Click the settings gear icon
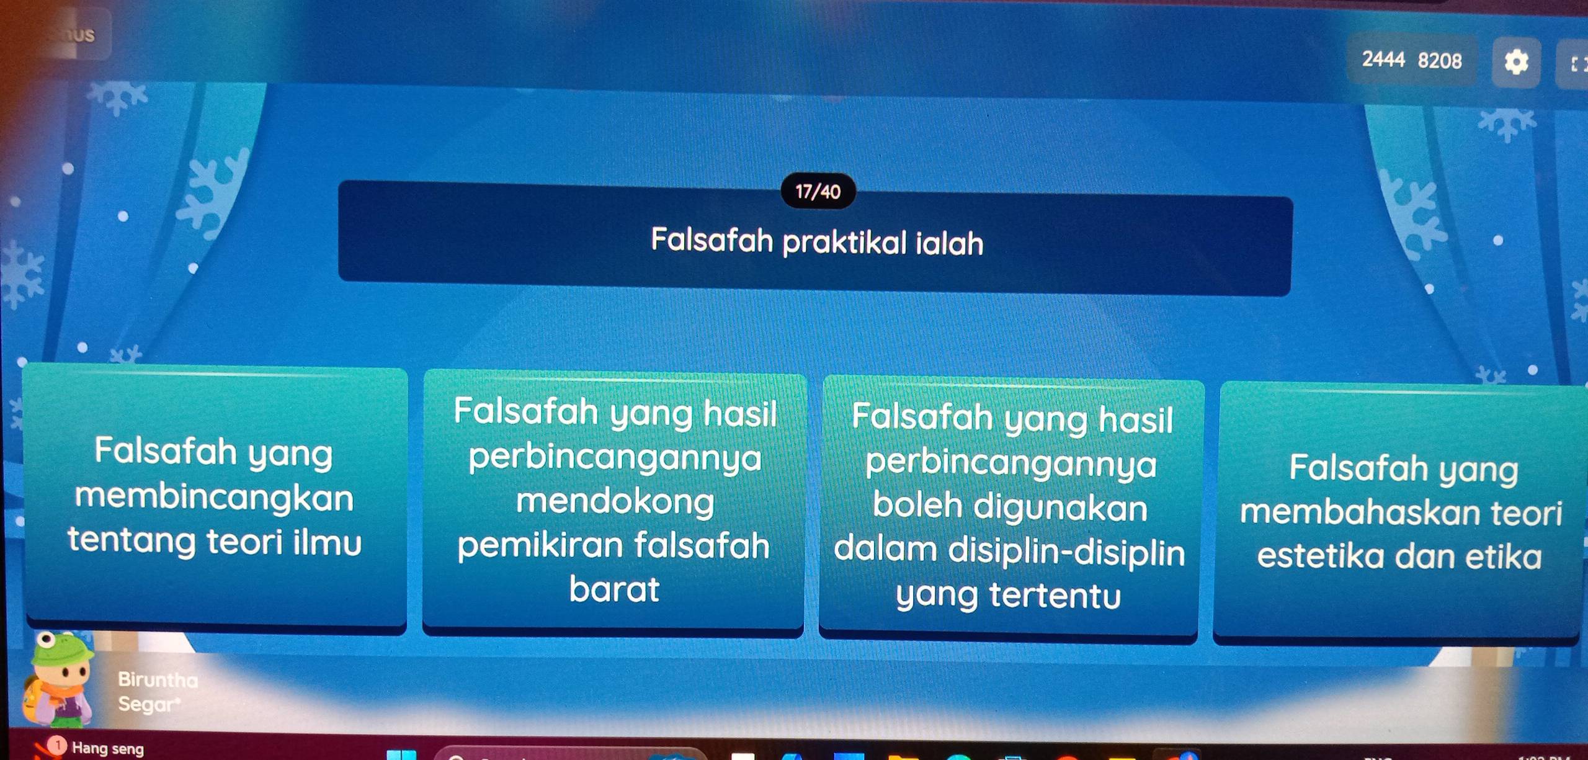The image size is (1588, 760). pos(1516,62)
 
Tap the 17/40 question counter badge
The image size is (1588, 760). pos(818,192)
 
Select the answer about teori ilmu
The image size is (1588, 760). pos(215,498)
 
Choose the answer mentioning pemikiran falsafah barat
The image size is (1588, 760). pos(613,501)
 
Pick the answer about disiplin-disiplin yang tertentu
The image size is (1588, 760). pos(1010,506)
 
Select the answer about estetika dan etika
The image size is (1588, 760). pos(1400,512)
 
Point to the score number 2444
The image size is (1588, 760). pos(1383,60)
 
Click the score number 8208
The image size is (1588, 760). pos(1440,61)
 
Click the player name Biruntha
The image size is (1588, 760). pos(158,679)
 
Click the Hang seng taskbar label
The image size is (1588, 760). pos(108,748)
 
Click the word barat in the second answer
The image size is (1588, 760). pos(614,589)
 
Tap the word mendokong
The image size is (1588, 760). pos(615,501)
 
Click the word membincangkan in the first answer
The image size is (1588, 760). pos(215,498)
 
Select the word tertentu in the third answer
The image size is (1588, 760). pos(1055,596)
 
